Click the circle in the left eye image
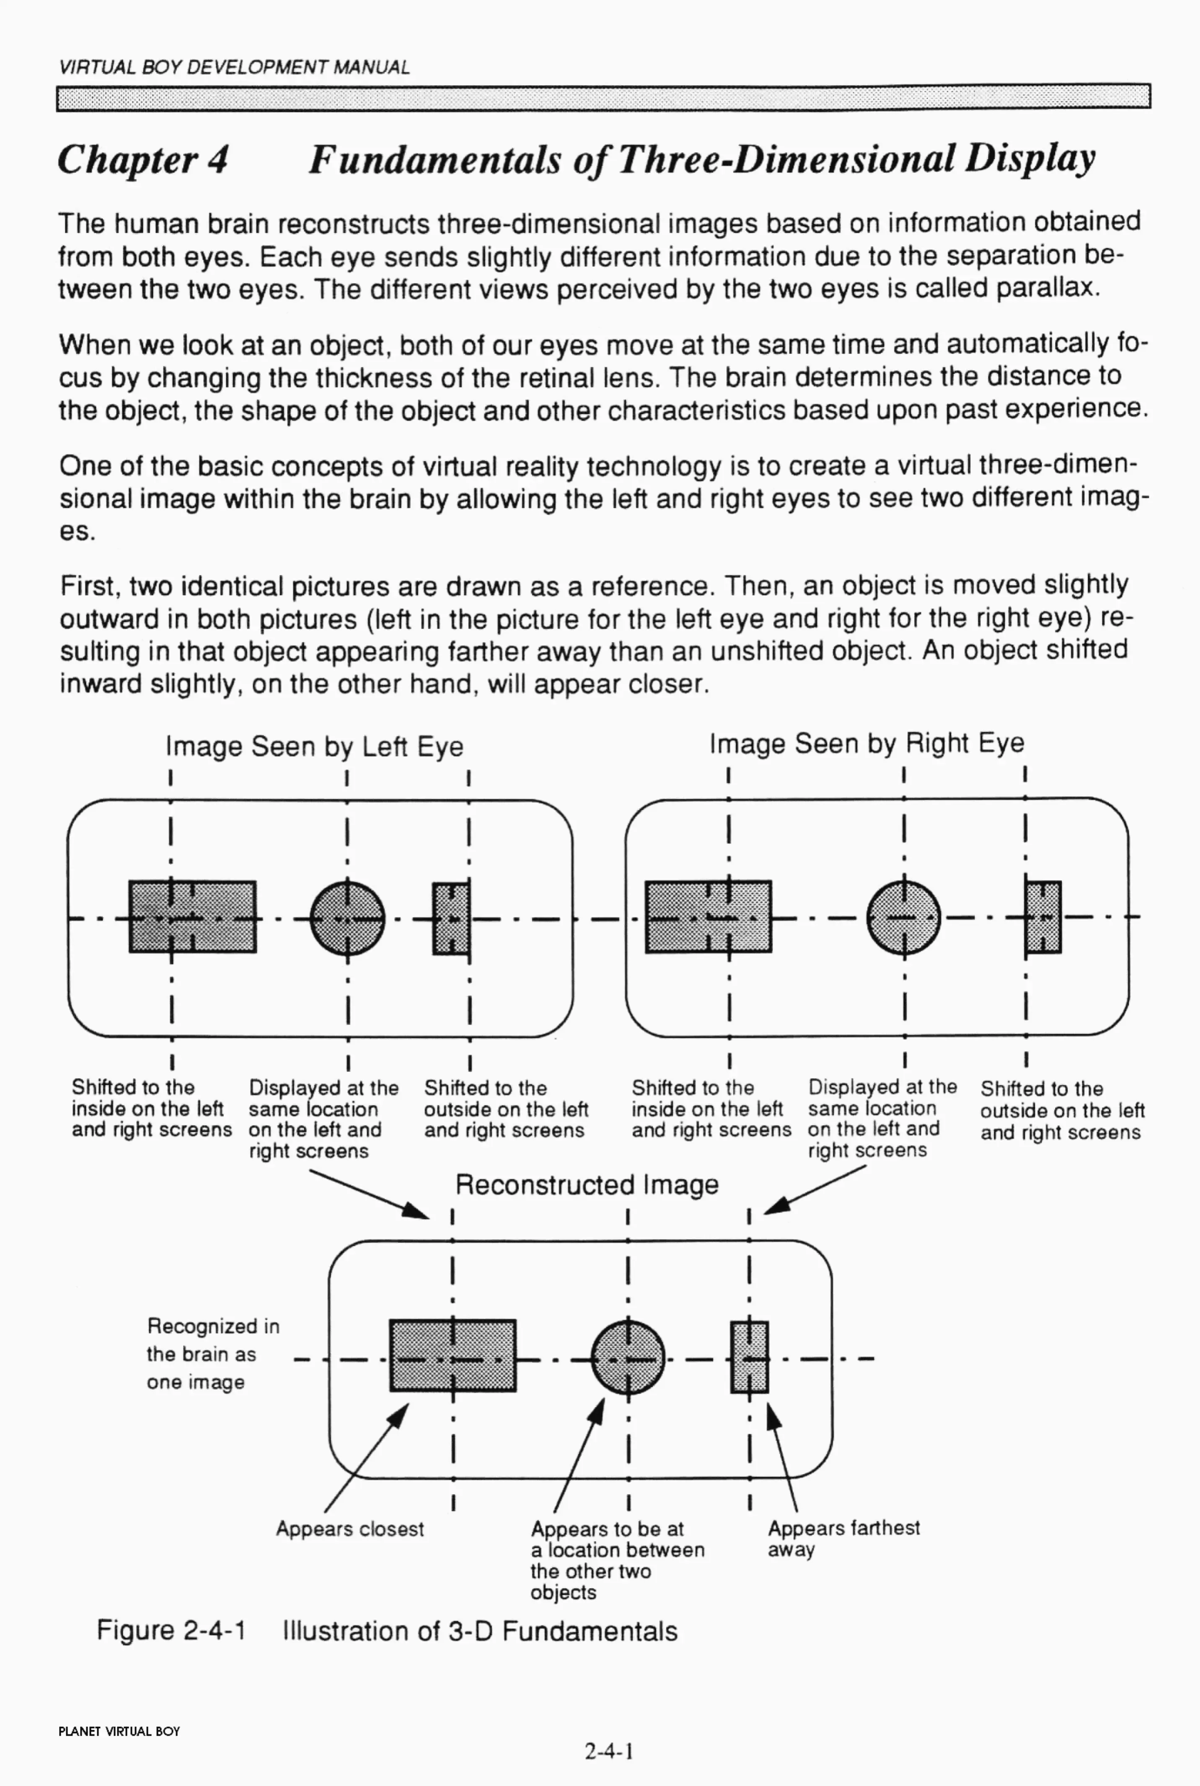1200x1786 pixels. pos(347,917)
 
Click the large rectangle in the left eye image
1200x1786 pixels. pos(192,917)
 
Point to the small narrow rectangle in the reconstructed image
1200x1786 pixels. pos(749,1357)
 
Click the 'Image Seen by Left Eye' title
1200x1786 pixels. pos(315,746)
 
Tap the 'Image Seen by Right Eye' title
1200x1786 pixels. pos(866,743)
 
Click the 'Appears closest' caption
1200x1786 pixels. pos(350,1529)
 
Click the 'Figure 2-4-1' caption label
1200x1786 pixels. pos(171,1631)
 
